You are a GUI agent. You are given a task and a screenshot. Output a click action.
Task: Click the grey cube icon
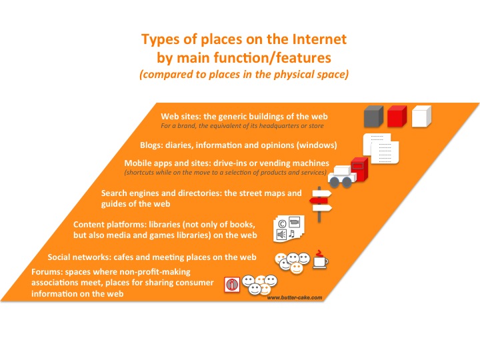click(373, 116)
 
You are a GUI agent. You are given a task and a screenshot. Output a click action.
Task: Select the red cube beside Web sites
click(397, 116)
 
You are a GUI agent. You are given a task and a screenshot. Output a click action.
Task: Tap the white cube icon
click(421, 116)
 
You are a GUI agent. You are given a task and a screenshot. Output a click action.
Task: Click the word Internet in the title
click(319, 39)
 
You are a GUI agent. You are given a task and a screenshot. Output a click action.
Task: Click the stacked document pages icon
click(381, 149)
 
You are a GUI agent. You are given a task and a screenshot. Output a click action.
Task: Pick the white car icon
click(342, 177)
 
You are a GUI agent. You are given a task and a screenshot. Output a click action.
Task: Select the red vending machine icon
click(360, 169)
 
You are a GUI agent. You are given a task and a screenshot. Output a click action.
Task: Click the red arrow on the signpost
click(319, 201)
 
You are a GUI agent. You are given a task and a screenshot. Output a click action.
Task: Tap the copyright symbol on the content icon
click(282, 224)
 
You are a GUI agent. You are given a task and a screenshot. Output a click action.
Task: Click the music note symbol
click(292, 234)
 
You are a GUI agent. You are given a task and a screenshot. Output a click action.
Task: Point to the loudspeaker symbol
click(281, 235)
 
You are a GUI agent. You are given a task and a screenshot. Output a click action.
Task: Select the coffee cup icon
click(320, 260)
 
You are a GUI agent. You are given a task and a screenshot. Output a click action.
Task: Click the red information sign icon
click(232, 285)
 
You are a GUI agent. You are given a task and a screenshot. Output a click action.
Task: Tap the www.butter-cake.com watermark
click(295, 297)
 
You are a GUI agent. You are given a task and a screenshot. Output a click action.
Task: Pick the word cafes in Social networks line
click(123, 257)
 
